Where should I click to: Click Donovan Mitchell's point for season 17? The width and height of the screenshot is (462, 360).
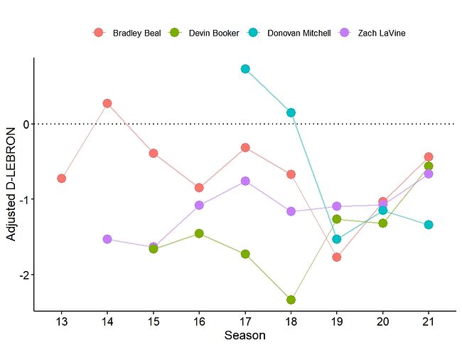(x=245, y=69)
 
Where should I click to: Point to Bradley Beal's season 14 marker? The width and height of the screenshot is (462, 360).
(x=107, y=103)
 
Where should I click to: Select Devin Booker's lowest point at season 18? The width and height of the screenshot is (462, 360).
(x=291, y=300)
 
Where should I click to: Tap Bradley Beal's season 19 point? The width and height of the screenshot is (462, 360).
(x=337, y=257)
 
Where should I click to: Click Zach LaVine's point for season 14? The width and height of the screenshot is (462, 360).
(x=107, y=239)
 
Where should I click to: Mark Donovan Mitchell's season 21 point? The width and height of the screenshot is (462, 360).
(x=429, y=225)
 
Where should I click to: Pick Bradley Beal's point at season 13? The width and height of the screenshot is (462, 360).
(x=62, y=178)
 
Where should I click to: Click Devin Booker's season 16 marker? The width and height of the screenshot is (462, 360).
(x=199, y=233)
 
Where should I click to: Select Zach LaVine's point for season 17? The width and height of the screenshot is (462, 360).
(x=245, y=181)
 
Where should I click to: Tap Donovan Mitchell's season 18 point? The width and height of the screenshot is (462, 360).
(x=291, y=112)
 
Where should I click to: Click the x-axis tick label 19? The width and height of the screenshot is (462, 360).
(x=337, y=322)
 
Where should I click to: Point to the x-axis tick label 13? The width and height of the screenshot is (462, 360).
(x=62, y=322)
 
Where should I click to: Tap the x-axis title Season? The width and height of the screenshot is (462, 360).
(x=245, y=336)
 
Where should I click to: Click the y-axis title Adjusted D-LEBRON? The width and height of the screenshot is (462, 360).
(x=11, y=184)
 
